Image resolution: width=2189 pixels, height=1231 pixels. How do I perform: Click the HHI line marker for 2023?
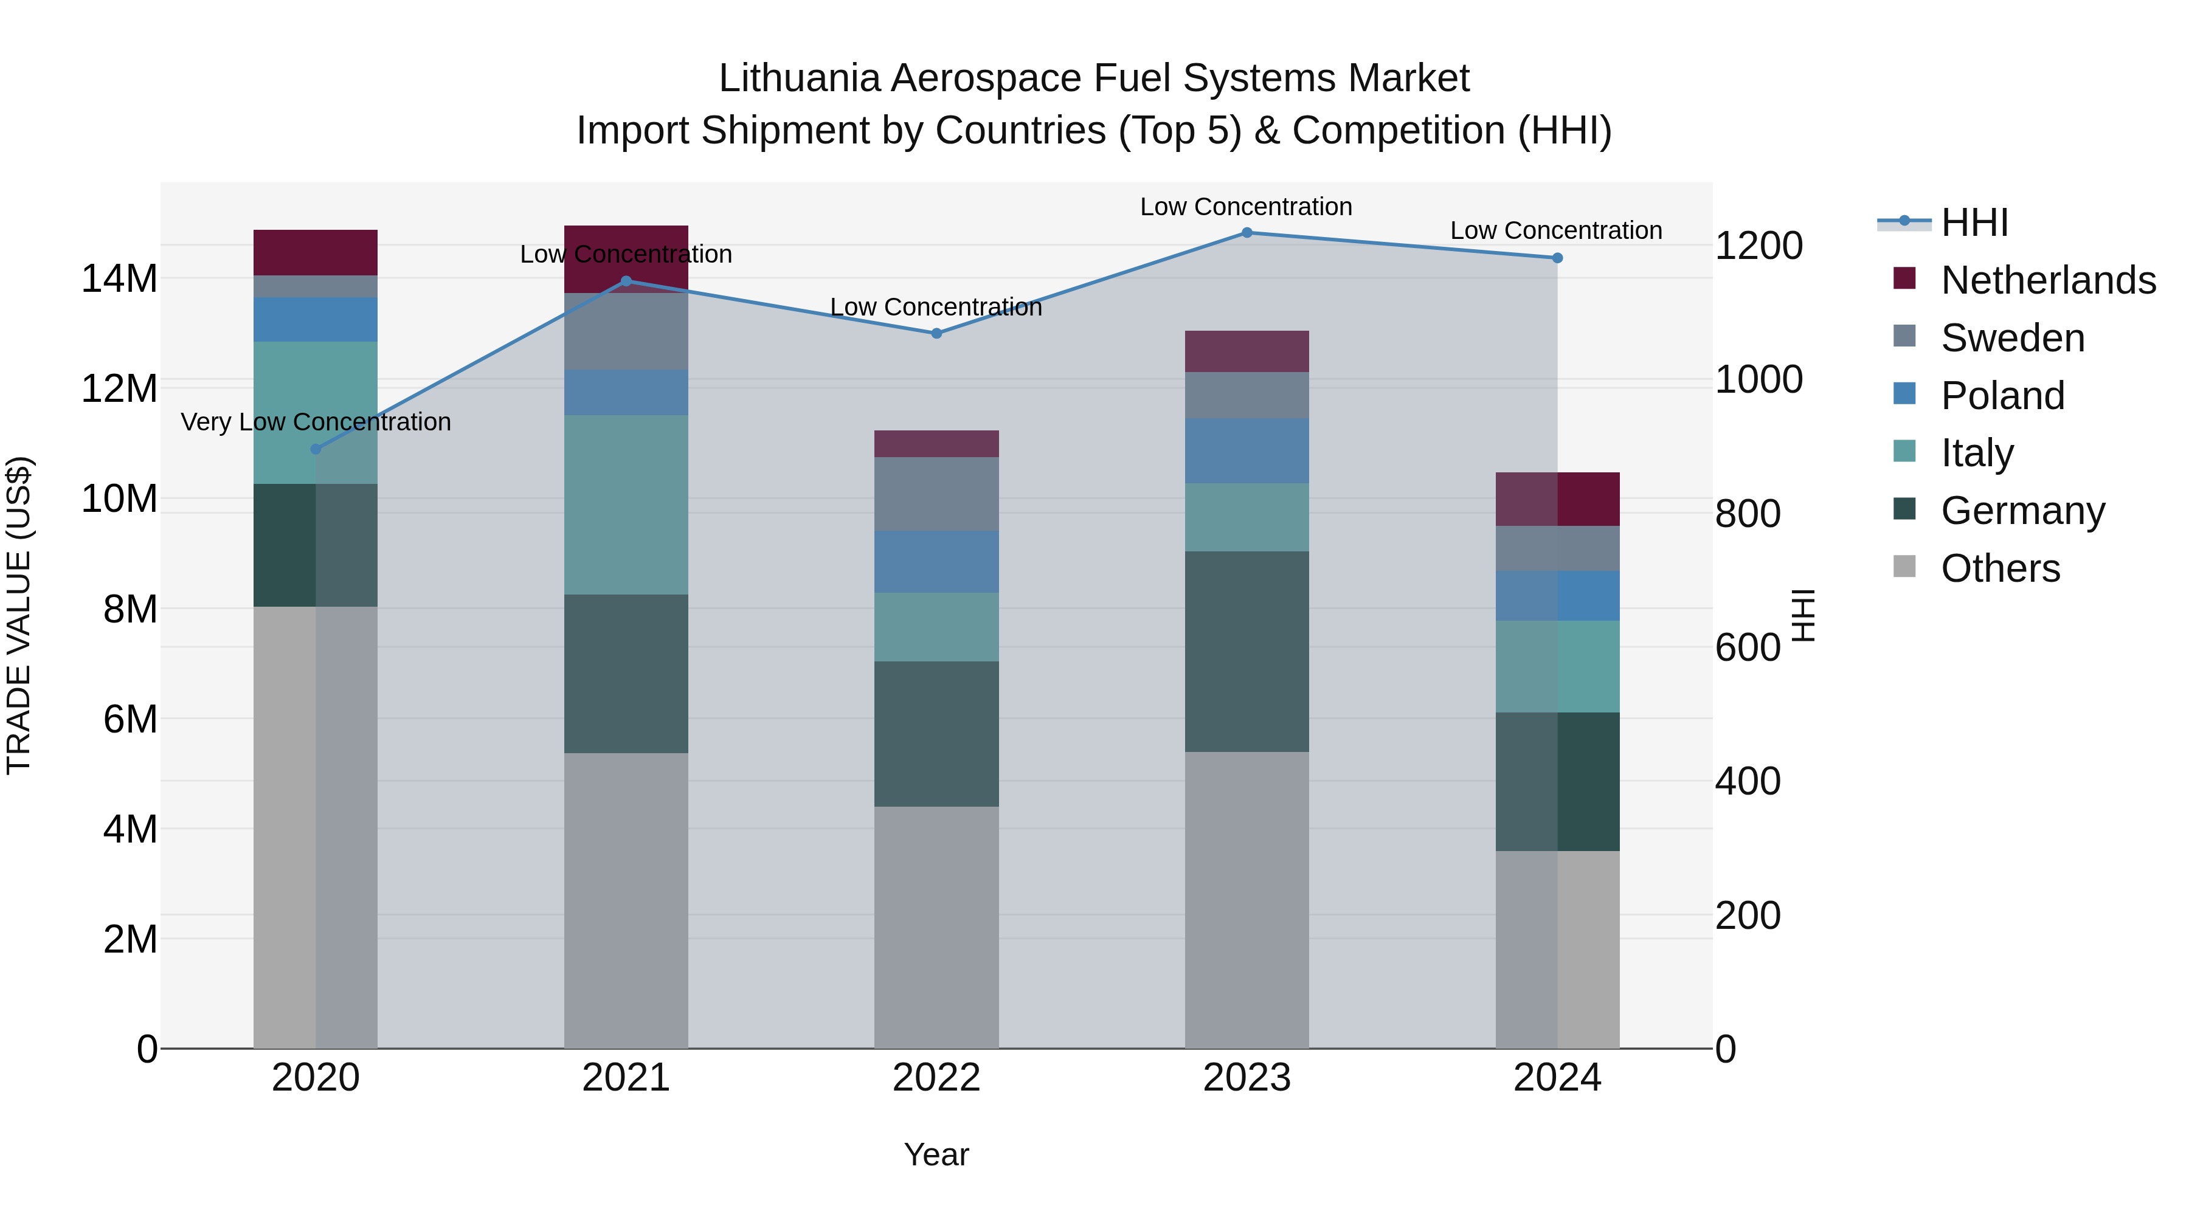[x=1247, y=233]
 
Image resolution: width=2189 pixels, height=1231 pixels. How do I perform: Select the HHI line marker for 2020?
[x=316, y=449]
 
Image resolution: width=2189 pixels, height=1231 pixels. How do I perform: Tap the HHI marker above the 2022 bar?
[x=936, y=334]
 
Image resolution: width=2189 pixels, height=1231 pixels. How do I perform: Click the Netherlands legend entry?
[x=2048, y=280]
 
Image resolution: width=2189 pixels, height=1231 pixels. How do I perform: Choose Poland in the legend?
[x=2002, y=396]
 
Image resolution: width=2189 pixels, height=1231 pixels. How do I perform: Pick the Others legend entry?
[x=2001, y=568]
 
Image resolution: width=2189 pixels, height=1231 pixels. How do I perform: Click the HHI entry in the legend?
[x=1973, y=222]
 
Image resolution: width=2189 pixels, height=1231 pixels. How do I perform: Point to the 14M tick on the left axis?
[x=119, y=278]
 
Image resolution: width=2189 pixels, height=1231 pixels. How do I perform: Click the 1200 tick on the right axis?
[x=1758, y=246]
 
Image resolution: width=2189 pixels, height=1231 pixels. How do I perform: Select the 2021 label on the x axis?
[x=626, y=1078]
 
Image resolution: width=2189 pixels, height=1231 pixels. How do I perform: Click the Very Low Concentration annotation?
[x=316, y=422]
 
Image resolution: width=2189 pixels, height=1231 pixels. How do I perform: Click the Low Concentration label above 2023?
[x=1246, y=207]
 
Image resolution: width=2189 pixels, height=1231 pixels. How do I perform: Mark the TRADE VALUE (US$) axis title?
[x=19, y=615]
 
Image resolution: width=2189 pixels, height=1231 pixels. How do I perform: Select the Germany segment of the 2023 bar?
[x=1247, y=652]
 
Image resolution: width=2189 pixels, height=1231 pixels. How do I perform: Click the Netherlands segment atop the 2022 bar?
[x=936, y=444]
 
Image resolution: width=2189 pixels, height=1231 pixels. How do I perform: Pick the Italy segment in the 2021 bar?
[x=626, y=505]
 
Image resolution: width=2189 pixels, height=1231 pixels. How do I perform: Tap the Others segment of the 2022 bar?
[x=936, y=927]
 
